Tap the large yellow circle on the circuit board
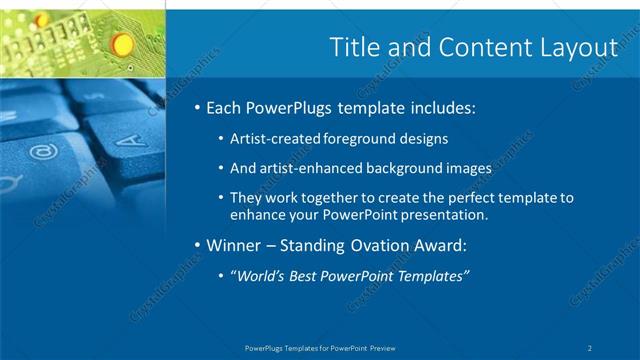coord(121,43)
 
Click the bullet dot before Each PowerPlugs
coord(198,107)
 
